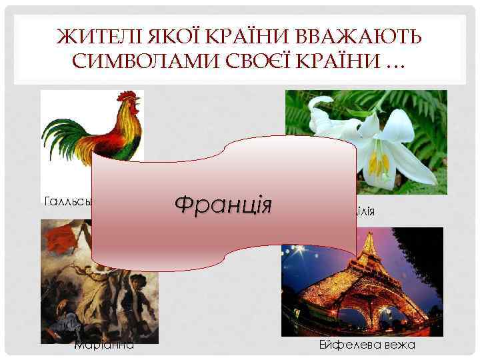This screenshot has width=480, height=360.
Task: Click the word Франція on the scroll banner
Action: pos(223,202)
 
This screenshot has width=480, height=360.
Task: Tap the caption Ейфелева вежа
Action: pos(367,345)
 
